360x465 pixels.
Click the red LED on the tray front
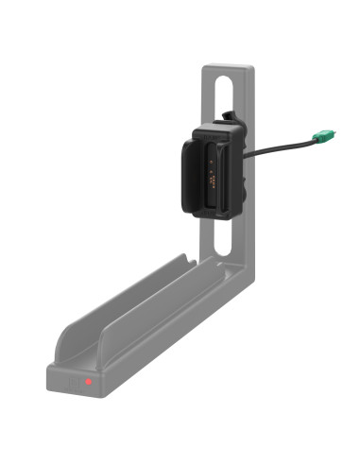click(88, 382)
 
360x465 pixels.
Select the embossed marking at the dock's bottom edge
click(216, 210)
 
